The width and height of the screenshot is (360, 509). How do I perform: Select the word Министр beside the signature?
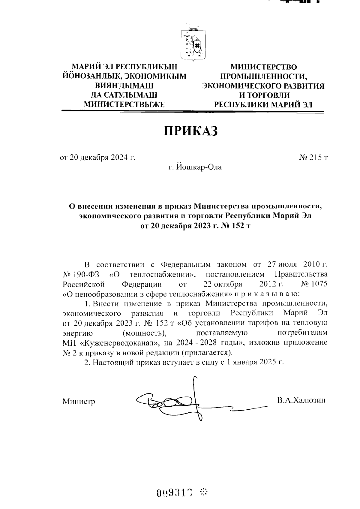pyautogui.click(x=79, y=402)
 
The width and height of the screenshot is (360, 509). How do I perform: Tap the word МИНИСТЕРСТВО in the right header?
pyautogui.click(x=263, y=67)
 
